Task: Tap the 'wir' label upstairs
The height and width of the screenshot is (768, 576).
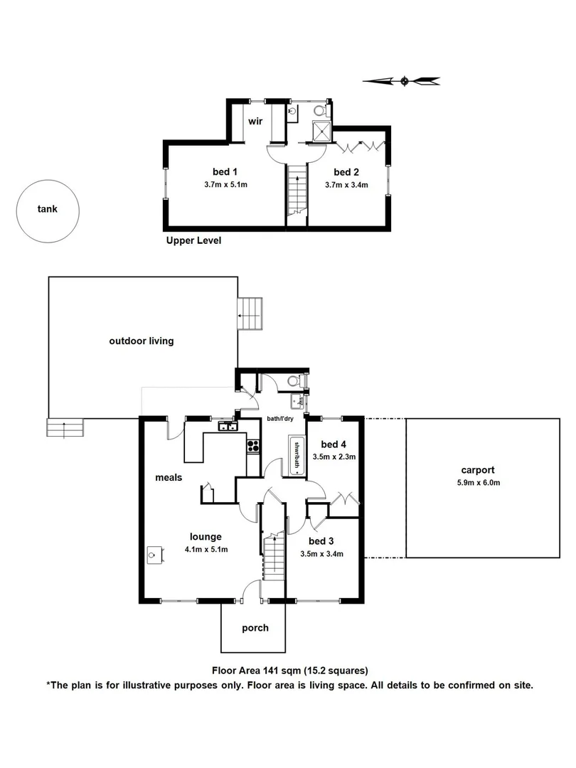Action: (x=255, y=122)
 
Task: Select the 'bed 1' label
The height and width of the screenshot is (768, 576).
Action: (x=224, y=171)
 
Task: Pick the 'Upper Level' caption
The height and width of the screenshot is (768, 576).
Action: (x=193, y=240)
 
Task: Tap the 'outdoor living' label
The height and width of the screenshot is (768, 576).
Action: (x=141, y=341)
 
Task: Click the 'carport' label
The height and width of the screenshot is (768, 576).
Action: (x=476, y=470)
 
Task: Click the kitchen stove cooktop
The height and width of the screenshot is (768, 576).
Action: (x=253, y=447)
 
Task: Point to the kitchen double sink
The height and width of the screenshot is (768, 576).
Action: (x=228, y=427)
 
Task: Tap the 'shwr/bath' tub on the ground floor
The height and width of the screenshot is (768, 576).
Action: (x=295, y=456)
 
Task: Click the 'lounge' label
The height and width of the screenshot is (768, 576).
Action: (x=206, y=537)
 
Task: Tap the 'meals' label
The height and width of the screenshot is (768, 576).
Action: (x=169, y=477)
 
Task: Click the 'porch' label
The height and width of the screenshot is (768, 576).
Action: (x=255, y=628)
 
